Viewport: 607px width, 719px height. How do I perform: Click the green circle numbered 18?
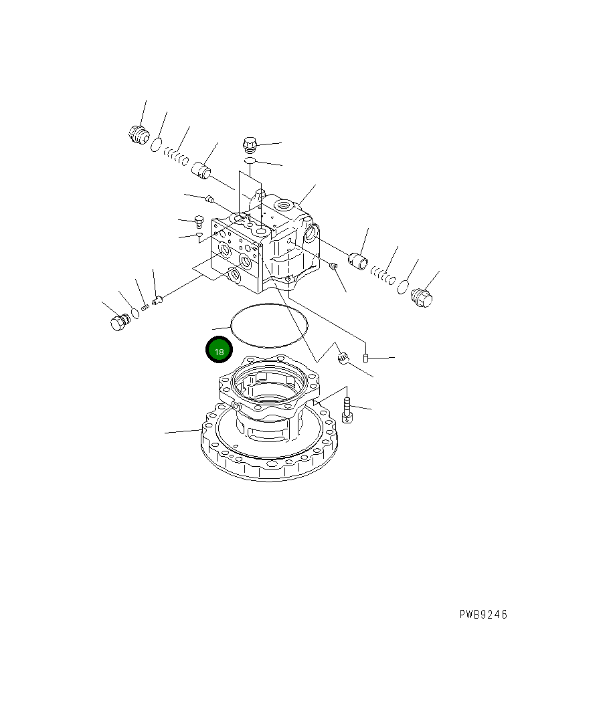click(x=219, y=350)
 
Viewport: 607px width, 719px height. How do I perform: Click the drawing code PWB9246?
click(x=483, y=615)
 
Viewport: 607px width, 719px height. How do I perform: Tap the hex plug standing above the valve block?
click(x=250, y=144)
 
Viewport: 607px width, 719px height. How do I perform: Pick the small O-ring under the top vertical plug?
click(x=249, y=161)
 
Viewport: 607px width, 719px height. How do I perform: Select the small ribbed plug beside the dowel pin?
click(x=344, y=358)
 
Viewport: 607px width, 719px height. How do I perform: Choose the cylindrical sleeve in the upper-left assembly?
click(x=200, y=171)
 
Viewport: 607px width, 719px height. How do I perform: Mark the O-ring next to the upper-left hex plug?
click(x=156, y=143)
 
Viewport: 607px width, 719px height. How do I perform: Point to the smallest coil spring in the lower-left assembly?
click(x=145, y=306)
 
